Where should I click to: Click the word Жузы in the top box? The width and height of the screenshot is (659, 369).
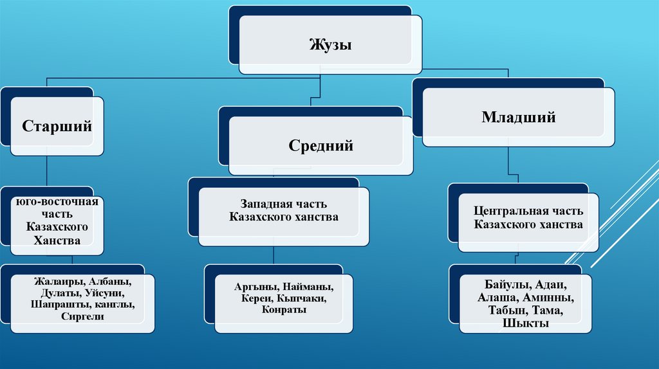[x=330, y=45]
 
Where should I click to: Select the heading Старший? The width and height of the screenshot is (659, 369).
[x=57, y=125]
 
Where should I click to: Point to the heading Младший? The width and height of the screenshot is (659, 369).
[x=518, y=118]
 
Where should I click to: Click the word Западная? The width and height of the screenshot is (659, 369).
[x=261, y=204]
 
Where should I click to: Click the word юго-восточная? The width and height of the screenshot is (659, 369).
[x=58, y=202]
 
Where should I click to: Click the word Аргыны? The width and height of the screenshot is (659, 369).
[x=255, y=287]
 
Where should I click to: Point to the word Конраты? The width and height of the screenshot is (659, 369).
[x=284, y=310]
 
